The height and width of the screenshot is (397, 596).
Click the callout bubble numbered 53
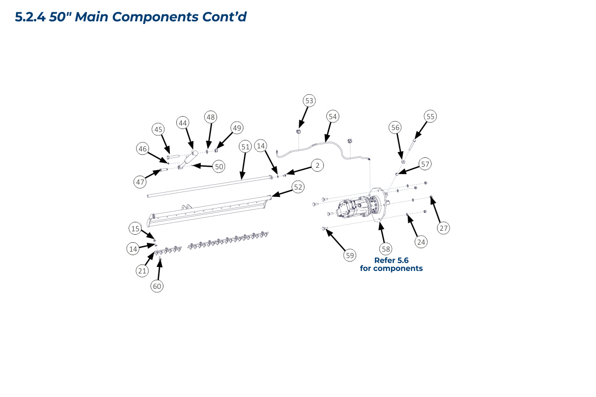tap(309, 101)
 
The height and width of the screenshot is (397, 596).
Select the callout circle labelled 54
tap(333, 117)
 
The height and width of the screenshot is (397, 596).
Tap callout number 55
tap(430, 117)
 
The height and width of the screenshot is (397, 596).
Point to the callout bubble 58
tap(385, 248)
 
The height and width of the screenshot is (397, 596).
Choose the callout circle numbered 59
tap(350, 256)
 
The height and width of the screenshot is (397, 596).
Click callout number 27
tap(444, 228)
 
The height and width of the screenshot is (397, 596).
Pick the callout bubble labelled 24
tap(421, 242)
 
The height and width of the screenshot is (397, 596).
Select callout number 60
tap(157, 286)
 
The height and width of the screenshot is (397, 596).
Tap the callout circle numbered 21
tap(143, 270)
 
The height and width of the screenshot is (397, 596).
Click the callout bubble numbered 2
tap(316, 165)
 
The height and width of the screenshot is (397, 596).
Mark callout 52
tap(298, 187)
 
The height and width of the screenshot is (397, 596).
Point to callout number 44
tap(183, 123)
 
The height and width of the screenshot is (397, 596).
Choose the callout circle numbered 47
tap(141, 182)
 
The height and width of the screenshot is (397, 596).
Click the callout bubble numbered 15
tap(135, 229)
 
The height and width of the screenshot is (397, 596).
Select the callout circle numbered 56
tap(395, 128)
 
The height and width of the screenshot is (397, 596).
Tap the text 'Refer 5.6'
tap(391, 260)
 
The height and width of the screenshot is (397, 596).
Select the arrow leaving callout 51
tap(242, 163)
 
